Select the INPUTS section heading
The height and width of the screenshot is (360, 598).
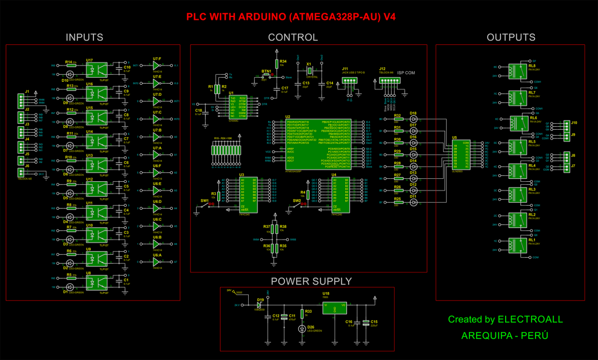click(84, 37)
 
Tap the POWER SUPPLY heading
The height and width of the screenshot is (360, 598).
click(311, 281)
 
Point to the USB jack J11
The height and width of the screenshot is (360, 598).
click(349, 82)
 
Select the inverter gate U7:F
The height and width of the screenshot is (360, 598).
click(157, 66)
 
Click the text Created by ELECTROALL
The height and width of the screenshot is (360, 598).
click(505, 320)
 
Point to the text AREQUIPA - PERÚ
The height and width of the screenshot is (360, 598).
click(505, 336)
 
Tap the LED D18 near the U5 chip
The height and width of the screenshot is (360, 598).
click(414, 119)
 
